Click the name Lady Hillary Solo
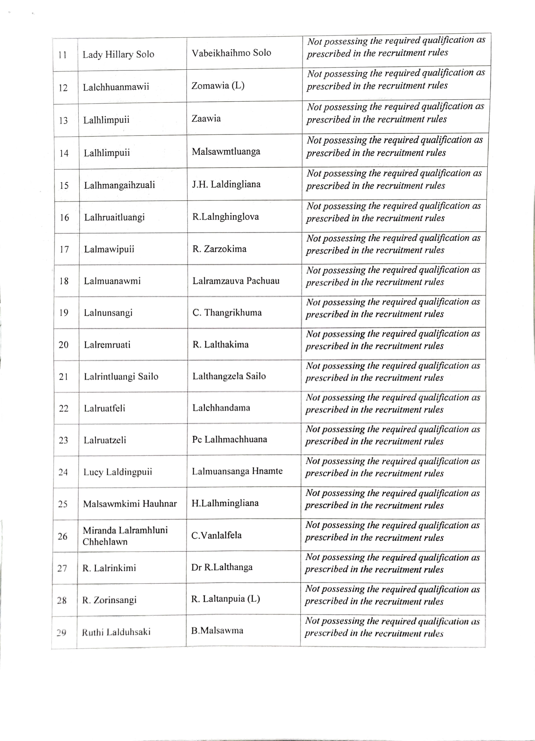click(118, 54)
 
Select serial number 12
click(63, 88)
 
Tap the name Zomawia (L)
click(218, 86)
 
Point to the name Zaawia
click(206, 118)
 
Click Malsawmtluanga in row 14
click(226, 151)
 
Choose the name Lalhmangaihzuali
click(119, 185)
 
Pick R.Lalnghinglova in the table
click(226, 217)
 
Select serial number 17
click(64, 249)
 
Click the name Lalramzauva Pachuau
click(236, 281)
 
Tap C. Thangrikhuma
click(227, 313)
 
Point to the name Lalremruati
click(107, 345)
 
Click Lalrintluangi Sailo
click(121, 377)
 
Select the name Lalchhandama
click(221, 408)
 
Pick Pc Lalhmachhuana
click(229, 439)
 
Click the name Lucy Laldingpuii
click(117, 472)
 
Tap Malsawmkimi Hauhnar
click(130, 504)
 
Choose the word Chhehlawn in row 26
click(105, 542)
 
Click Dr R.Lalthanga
click(222, 567)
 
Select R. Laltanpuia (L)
click(226, 599)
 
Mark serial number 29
click(61, 633)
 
